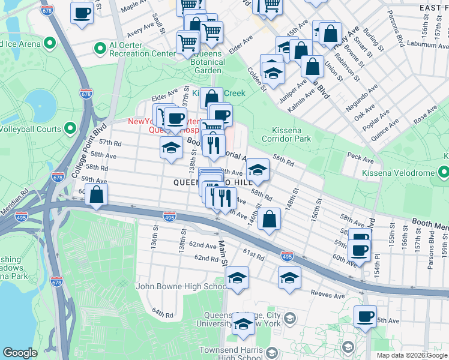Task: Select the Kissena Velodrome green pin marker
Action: click(x=444, y=173)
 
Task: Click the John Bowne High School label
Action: click(x=181, y=286)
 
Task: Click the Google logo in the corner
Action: click(x=20, y=353)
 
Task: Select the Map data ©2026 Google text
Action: click(x=411, y=355)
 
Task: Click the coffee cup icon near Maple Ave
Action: click(x=82, y=12)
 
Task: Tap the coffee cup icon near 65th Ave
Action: click(x=364, y=316)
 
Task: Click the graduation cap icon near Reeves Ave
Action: click(x=289, y=277)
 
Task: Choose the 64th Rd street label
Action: click(x=162, y=313)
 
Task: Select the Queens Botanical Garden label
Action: click(x=208, y=66)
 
